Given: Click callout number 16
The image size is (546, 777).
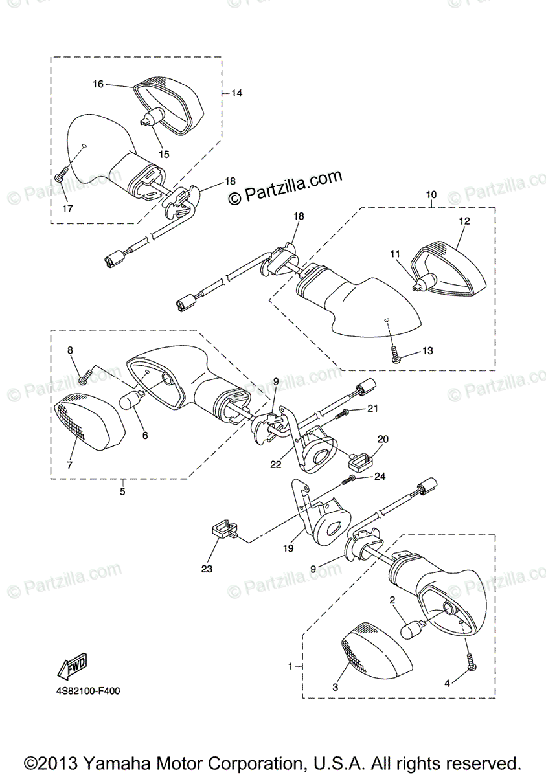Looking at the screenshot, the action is point(98,84).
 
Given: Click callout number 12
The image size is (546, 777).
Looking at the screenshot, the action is point(464,221).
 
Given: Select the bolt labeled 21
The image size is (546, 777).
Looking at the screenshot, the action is point(346,411).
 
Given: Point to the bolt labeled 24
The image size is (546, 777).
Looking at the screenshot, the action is point(351,479).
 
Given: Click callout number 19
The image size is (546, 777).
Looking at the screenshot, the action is point(288,548).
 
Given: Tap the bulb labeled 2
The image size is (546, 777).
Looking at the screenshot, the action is point(414,629).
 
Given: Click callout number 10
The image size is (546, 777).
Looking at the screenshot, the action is point(431,194).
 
